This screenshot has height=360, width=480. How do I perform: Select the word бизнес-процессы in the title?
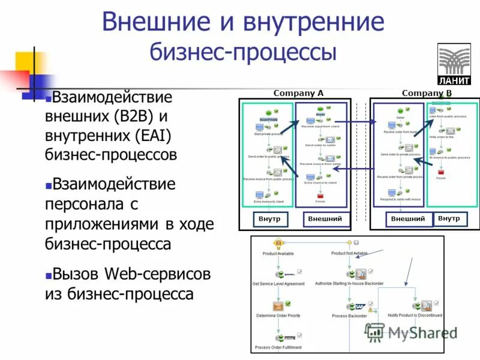[242, 52]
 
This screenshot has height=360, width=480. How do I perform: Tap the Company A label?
[298, 93]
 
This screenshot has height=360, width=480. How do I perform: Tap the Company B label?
[427, 93]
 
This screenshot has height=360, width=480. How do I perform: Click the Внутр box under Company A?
[269, 219]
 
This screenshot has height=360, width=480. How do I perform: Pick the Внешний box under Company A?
[325, 219]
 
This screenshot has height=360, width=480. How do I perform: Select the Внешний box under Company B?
[408, 219]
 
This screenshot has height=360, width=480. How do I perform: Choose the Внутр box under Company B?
[449, 218]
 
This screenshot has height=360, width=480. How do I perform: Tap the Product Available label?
[278, 253]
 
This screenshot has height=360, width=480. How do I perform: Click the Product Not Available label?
[349, 253]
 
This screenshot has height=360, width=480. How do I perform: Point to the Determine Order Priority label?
[278, 316]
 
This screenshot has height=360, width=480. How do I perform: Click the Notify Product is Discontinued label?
[415, 315]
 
